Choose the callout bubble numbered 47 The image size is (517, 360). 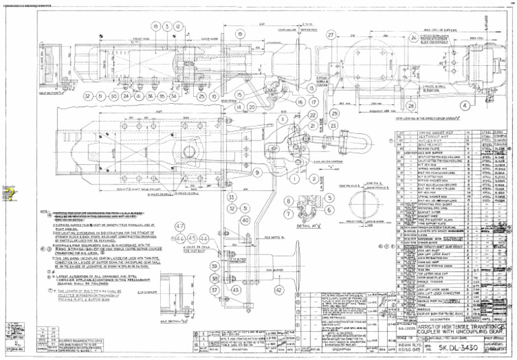click(x=180, y=226)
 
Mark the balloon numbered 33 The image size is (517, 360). click(x=231, y=197)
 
